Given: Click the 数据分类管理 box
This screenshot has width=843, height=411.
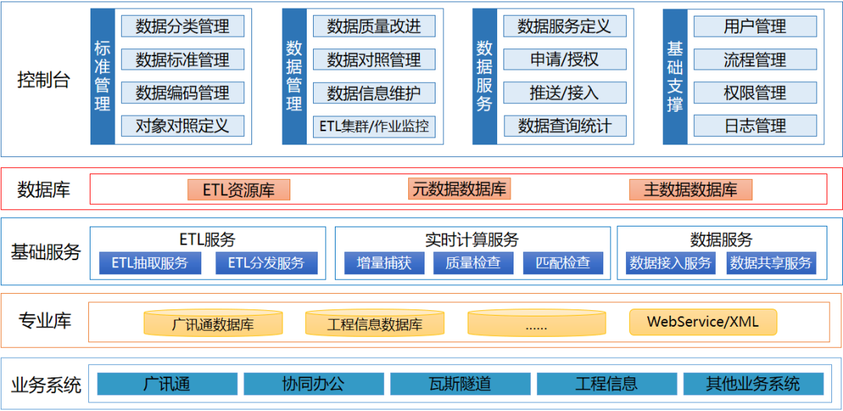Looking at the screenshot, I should pyautogui.click(x=183, y=27).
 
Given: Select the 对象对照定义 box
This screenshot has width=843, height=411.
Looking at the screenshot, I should pyautogui.click(x=183, y=126).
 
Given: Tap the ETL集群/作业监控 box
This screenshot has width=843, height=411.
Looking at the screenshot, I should pyautogui.click(x=374, y=126).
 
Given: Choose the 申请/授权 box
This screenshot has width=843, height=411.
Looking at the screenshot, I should pyautogui.click(x=564, y=59).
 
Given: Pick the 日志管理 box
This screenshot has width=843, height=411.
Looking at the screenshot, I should pyautogui.click(x=755, y=126).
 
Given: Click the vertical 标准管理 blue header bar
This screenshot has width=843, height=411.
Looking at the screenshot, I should pyautogui.click(x=102, y=76).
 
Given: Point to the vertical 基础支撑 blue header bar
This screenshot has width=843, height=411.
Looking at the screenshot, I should pyautogui.click(x=674, y=76).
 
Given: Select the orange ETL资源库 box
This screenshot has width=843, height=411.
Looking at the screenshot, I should pyautogui.click(x=239, y=190).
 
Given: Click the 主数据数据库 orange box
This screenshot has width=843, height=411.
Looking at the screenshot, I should pyautogui.click(x=691, y=190).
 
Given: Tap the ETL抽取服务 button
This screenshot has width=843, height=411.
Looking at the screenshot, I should pyautogui.click(x=150, y=263).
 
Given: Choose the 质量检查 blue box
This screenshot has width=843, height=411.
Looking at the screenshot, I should pyautogui.click(x=473, y=263).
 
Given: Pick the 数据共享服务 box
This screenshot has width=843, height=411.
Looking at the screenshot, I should pyautogui.click(x=770, y=263).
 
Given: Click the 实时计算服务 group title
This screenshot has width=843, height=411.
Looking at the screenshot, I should pyautogui.click(x=472, y=239).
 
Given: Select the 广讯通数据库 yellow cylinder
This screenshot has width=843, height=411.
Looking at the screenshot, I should pyautogui.click(x=213, y=323).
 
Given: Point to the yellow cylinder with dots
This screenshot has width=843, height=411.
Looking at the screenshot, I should pyautogui.click(x=536, y=323).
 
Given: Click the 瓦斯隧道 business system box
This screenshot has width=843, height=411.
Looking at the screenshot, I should pyautogui.click(x=461, y=384).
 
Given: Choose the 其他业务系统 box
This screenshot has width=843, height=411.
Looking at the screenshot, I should pyautogui.click(x=753, y=384).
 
